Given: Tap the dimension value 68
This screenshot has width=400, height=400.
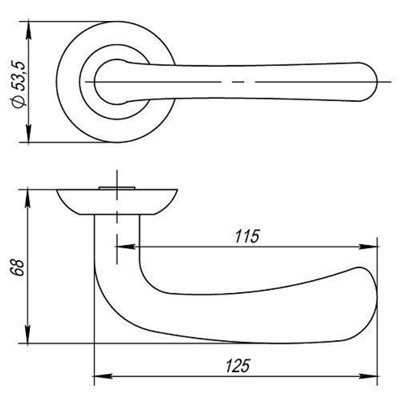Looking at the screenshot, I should (18, 267).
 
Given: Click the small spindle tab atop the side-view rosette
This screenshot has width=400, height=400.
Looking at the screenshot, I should (116, 188).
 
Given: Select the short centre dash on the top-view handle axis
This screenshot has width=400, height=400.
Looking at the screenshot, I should (238, 82).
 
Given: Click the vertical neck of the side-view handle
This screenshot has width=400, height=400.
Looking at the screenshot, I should (117, 240).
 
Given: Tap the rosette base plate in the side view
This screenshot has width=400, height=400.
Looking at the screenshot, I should (117, 202).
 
